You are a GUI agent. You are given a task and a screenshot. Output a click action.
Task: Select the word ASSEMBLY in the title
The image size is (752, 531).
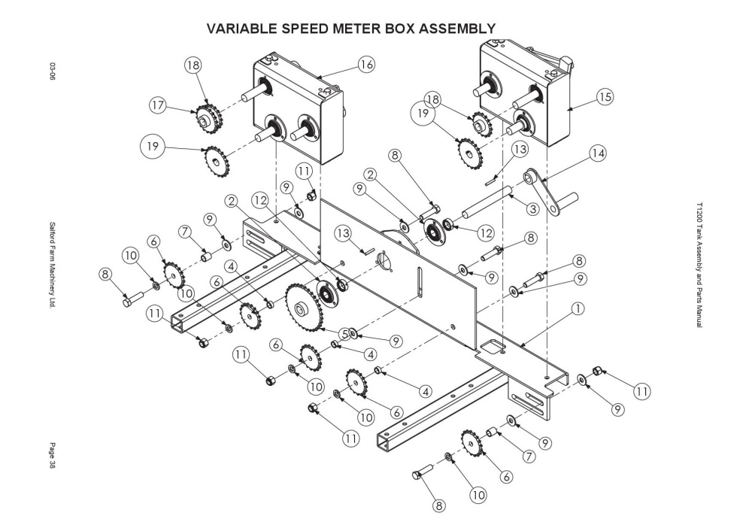(457, 29)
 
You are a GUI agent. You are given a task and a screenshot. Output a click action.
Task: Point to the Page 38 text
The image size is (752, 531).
(53, 455)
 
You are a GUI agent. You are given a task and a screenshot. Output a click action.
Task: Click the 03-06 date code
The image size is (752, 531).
(53, 71)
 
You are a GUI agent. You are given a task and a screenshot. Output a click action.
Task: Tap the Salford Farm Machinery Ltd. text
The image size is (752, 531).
(53, 264)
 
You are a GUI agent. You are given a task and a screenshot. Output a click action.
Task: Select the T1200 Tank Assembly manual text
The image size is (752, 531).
(699, 265)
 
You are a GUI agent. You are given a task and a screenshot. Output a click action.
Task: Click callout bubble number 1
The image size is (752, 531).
(578, 308)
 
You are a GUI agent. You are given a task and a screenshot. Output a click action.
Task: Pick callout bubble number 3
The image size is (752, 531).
(532, 208)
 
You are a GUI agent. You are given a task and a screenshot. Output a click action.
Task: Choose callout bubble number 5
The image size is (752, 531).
(344, 333)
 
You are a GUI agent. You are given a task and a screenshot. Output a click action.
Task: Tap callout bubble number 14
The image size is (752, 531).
(597, 153)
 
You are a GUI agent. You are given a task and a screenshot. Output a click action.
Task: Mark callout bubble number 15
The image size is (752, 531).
(605, 97)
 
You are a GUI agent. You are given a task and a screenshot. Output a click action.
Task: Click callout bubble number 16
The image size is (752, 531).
(366, 64)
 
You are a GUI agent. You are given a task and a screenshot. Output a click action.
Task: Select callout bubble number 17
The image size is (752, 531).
(158, 105)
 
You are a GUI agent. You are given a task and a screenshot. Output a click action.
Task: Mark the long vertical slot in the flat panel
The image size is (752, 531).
(420, 283)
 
